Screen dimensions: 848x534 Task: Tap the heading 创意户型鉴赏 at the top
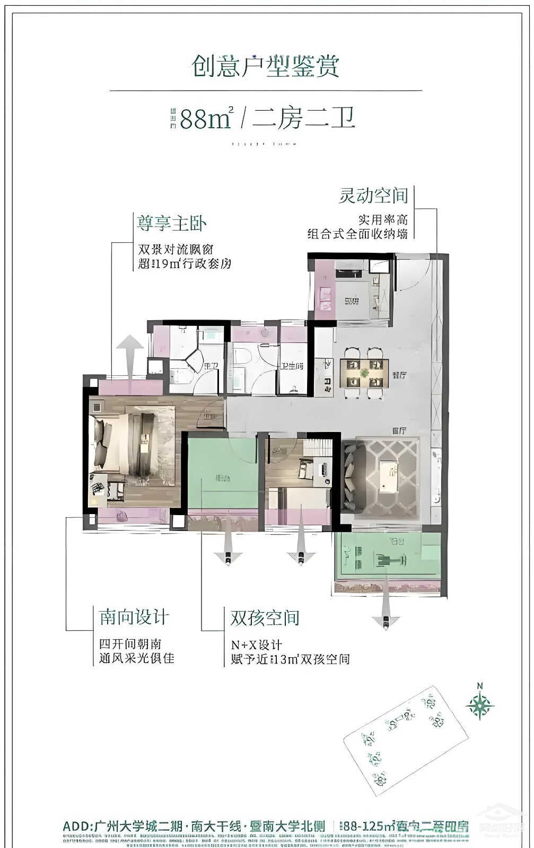tap(265, 66)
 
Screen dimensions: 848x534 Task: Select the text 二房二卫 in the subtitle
tap(303, 118)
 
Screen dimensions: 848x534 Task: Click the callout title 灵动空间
tap(373, 196)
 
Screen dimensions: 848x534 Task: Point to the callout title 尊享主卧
tap(171, 223)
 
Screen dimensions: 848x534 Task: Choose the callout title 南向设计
tap(134, 617)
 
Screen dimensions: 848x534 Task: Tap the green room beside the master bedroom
tap(222, 471)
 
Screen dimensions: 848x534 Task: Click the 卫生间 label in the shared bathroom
tap(292, 365)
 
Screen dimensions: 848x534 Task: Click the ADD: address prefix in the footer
tap(77, 826)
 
